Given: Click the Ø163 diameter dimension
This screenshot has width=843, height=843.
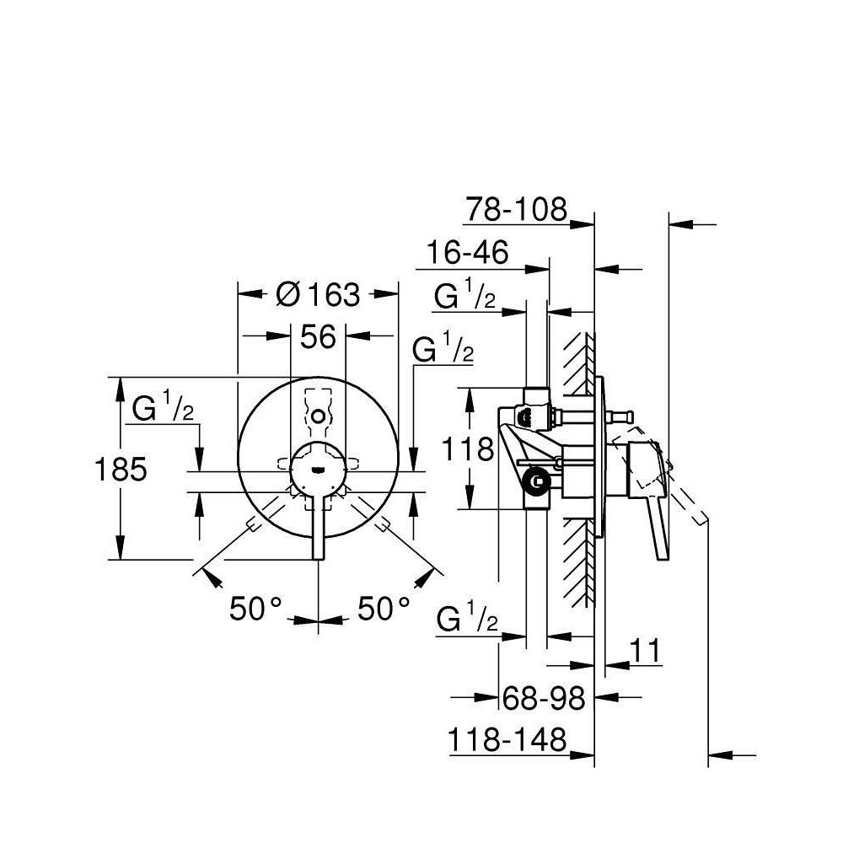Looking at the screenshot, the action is point(318,294).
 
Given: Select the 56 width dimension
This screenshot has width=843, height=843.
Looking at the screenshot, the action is point(318,337).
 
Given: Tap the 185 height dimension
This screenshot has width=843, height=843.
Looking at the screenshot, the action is point(121,469).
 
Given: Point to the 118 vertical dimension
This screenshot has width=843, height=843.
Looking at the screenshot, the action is point(467,449).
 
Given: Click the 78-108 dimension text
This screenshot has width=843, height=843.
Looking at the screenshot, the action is point(516,209).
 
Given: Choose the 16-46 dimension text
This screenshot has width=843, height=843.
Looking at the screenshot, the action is point(467,251).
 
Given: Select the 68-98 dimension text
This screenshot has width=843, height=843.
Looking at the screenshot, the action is point(544,699).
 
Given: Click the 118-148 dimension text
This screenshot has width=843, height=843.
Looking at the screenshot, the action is point(507,740).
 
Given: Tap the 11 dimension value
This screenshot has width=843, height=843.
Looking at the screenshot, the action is point(645,651).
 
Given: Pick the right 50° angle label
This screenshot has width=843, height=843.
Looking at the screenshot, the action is point(384,609).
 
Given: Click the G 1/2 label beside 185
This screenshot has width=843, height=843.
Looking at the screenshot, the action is point(163,407).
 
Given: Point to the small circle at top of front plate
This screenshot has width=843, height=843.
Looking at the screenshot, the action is point(319,416).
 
